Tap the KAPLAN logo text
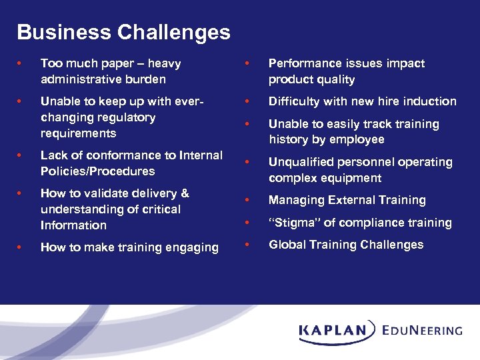tap(333, 330)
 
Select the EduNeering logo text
tap(422, 330)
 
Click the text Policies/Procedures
tap(97, 171)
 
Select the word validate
tap(107, 193)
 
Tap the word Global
tap(286, 245)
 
